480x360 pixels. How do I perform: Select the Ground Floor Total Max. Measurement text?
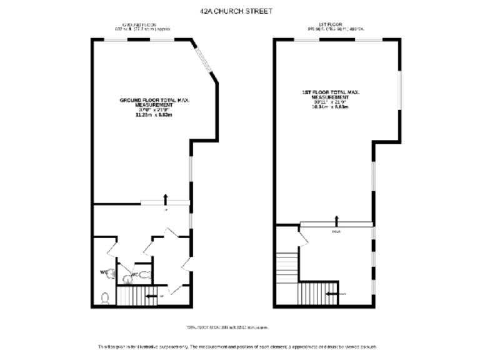pos(154,107)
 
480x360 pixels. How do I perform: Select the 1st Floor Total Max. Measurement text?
pos(330,99)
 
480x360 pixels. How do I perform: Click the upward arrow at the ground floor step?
pos(166,199)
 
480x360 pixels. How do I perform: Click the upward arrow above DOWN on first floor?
pos(337,219)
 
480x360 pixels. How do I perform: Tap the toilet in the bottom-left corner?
pos(105,298)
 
